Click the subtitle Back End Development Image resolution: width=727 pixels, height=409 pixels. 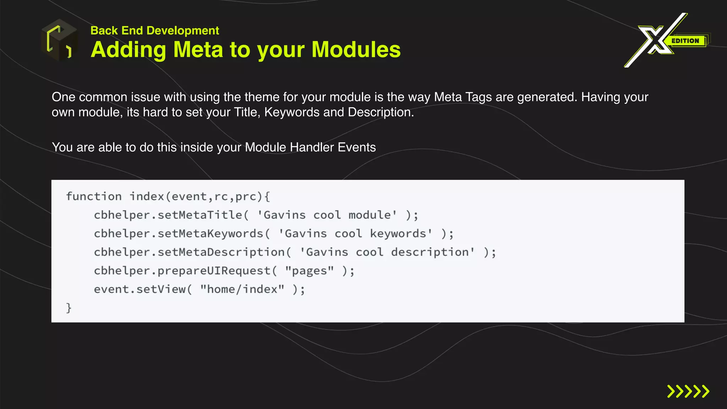click(x=154, y=31)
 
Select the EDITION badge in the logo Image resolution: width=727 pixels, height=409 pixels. click(x=685, y=41)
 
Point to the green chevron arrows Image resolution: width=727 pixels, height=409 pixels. click(x=688, y=391)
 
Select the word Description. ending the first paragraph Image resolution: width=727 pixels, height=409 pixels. click(x=381, y=112)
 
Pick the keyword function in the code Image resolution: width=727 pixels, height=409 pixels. click(x=94, y=196)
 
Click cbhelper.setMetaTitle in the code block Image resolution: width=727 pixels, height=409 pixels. click(x=168, y=215)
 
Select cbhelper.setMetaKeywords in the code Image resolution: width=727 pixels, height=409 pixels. click(x=179, y=234)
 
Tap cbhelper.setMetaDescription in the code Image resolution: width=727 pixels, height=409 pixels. click(x=189, y=252)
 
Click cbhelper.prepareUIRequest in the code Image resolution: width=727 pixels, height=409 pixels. click(x=182, y=271)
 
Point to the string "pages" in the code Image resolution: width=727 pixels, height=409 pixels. click(x=309, y=271)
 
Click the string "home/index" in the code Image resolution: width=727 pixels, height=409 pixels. click(x=242, y=289)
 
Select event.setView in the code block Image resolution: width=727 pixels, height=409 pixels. click(x=140, y=289)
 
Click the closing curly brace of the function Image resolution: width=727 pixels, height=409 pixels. click(x=69, y=308)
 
